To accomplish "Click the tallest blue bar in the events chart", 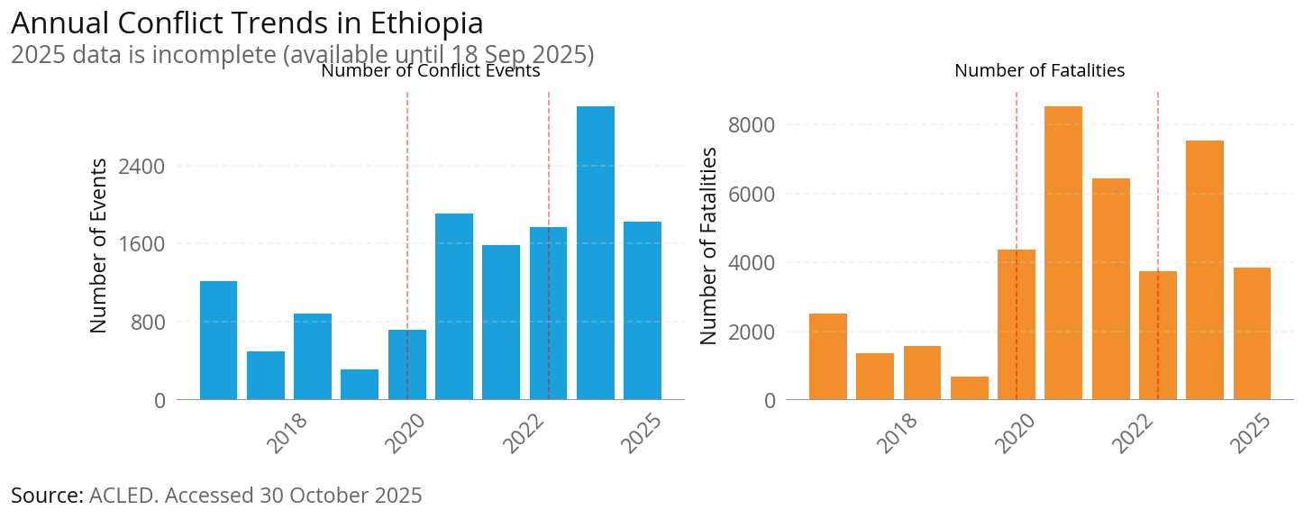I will pyautogui.click(x=595, y=252).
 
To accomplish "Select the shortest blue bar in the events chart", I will pyautogui.click(x=360, y=384).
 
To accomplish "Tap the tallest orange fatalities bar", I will pyautogui.click(x=1063, y=252).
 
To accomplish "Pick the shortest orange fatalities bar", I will pyautogui.click(x=970, y=388).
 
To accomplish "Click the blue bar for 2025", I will pyautogui.click(x=643, y=310).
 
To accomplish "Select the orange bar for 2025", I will pyautogui.click(x=1252, y=333).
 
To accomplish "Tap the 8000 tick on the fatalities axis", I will pyautogui.click(x=751, y=124).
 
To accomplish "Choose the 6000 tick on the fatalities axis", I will pyautogui.click(x=751, y=194).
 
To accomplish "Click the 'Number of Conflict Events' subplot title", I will pyautogui.click(x=430, y=71).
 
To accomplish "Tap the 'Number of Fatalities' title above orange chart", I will pyautogui.click(x=1039, y=70).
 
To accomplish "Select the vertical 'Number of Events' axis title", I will pyautogui.click(x=99, y=245).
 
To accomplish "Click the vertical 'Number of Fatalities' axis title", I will pyautogui.click(x=709, y=245).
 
